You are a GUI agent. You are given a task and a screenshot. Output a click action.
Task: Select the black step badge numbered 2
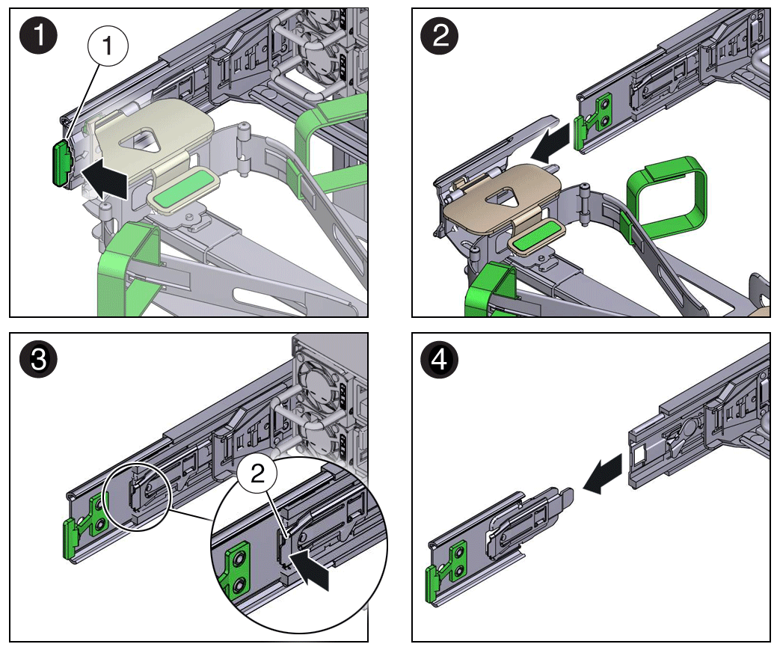pos(441,35)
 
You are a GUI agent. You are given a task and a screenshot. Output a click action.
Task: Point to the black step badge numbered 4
pos(441,360)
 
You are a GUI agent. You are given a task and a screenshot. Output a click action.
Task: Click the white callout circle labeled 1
pos(108,46)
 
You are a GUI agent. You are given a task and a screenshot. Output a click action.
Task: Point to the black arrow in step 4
pos(605,476)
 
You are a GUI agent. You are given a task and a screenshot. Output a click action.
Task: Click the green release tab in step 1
pos(59,162)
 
